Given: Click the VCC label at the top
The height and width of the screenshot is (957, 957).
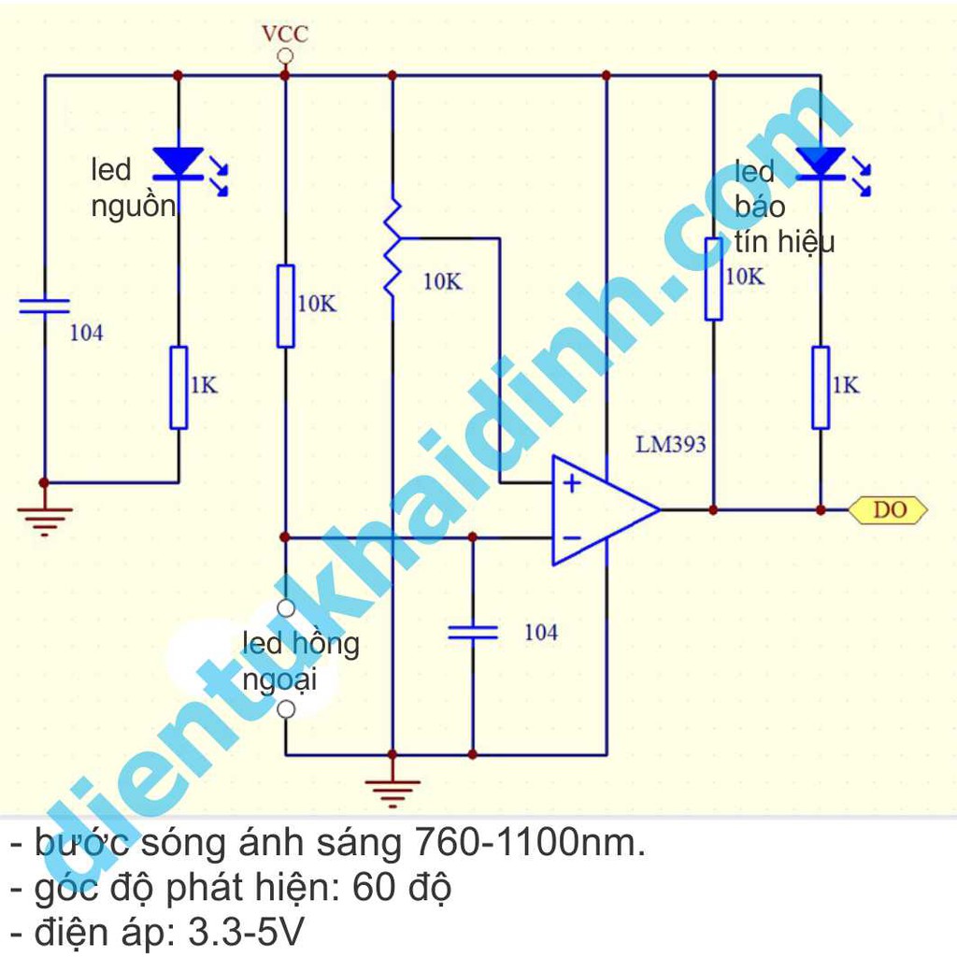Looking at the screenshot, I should click(285, 35).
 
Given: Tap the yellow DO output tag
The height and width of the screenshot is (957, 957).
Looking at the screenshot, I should click(889, 509).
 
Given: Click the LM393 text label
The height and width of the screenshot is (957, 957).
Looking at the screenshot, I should click(671, 444).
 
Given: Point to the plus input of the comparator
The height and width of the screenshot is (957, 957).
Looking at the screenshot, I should click(571, 483).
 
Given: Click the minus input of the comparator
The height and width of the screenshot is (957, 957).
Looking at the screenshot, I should click(571, 537).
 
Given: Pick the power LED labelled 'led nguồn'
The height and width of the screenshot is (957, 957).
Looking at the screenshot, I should click(178, 163).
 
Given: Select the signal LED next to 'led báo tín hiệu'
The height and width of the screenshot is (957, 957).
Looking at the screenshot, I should click(821, 163).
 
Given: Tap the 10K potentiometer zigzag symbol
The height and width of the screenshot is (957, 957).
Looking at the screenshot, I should click(393, 245).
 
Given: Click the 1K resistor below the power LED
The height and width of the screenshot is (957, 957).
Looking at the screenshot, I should click(179, 387).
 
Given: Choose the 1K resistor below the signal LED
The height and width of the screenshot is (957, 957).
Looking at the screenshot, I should click(821, 387).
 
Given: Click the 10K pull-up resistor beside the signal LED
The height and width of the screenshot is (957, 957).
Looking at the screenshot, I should click(713, 279).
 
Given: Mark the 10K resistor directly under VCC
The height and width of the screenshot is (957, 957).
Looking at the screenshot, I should click(286, 306).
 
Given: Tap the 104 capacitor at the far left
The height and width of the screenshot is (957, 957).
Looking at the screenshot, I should click(44, 305).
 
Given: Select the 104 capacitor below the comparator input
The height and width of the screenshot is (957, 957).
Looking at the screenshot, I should click(472, 632).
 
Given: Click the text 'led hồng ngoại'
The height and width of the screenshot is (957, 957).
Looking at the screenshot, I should click(299, 661).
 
